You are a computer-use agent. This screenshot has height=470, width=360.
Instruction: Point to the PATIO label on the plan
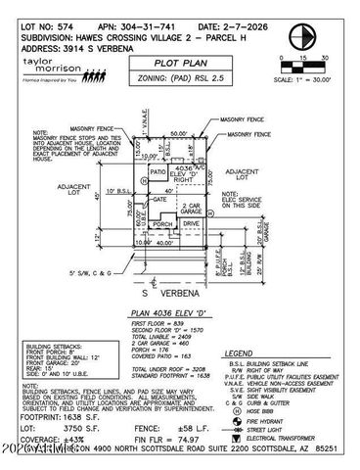pyautogui.click(x=156, y=172)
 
